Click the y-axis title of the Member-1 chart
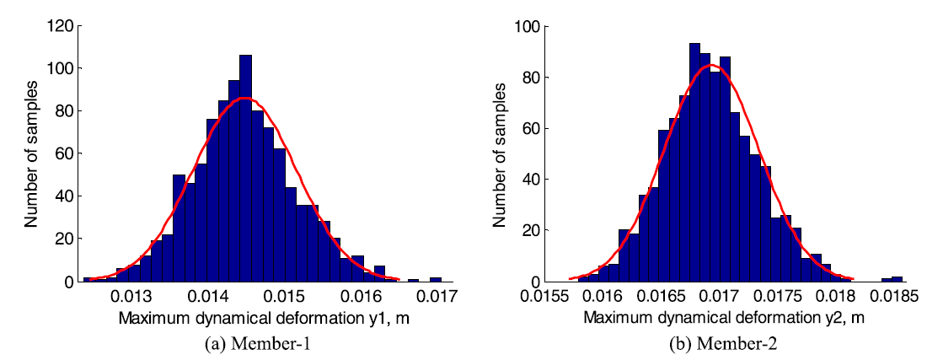coord(31,153)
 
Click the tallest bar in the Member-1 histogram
coord(245,169)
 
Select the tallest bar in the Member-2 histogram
coord(694,160)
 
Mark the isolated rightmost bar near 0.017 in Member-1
coord(436,278)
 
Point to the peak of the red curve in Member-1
coord(244,99)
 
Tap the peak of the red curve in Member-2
coord(712,65)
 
